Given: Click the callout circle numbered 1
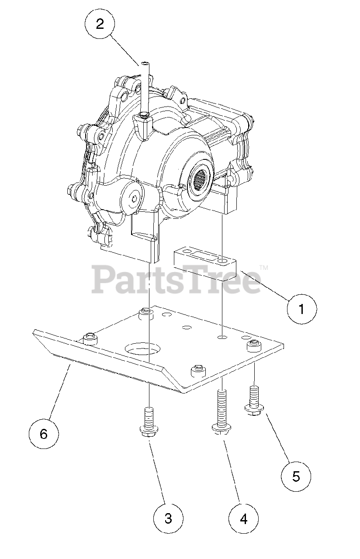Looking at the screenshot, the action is point(302,309).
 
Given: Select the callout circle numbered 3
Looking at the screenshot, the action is point(168,518).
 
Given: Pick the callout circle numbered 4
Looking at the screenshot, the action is point(243,518).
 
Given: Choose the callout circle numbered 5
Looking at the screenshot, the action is point(296,476).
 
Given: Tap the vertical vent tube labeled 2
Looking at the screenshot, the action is point(145,87).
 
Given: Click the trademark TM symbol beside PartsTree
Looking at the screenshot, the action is point(263,267).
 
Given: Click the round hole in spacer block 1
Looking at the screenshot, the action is point(224,261).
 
